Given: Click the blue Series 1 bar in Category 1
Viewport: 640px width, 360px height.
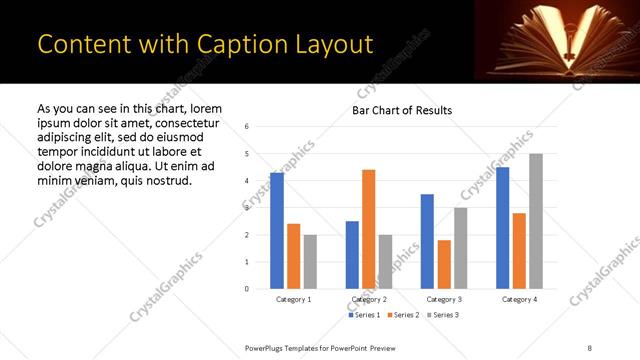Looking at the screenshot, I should click(x=276, y=230).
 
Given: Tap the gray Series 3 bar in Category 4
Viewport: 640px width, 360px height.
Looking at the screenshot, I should click(x=535, y=221).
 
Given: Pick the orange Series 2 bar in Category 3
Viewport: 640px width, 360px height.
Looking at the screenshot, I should click(x=443, y=264).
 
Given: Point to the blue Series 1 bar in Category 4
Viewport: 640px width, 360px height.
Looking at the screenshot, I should click(x=502, y=228).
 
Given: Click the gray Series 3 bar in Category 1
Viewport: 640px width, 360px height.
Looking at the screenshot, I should click(x=310, y=262).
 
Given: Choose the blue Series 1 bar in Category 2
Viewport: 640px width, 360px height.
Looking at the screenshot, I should click(x=352, y=255).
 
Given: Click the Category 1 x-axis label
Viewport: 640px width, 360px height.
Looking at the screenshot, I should click(x=293, y=299).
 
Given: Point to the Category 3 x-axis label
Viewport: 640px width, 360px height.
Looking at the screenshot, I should click(x=443, y=299).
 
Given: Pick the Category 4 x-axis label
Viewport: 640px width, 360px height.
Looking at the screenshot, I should click(x=518, y=299).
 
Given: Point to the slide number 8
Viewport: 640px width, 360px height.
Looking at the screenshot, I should click(x=589, y=347).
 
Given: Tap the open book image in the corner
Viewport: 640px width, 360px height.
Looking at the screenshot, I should click(x=556, y=40).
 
